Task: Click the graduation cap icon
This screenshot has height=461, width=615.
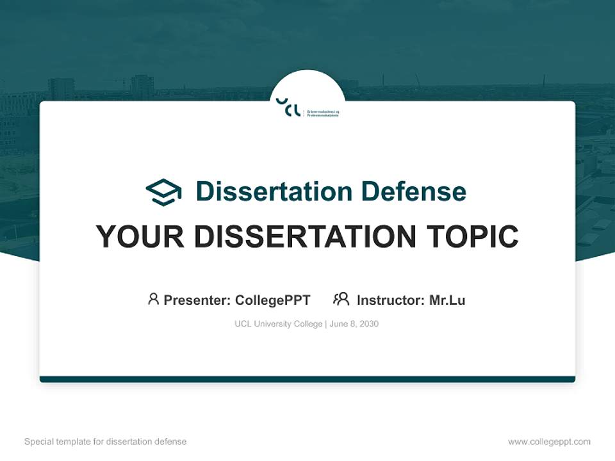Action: point(163,192)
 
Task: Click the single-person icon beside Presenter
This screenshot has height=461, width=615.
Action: point(153,299)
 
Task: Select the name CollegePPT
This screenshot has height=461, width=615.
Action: point(273,300)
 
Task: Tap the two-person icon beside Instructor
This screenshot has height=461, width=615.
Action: point(341,299)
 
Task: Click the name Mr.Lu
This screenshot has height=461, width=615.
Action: point(447,300)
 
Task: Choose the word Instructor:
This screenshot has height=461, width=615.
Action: point(391,300)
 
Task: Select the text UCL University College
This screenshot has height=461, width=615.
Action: point(279,324)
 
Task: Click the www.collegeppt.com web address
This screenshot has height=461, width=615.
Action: point(549,442)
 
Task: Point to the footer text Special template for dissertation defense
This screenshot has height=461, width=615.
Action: point(105,442)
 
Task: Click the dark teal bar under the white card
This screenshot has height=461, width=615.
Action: point(307,379)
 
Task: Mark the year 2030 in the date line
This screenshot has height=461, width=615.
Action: point(368,324)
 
